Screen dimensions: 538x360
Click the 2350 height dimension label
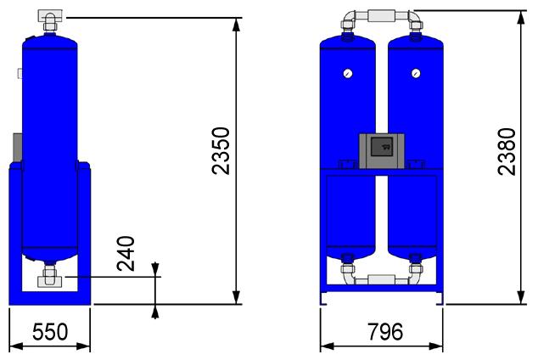221,151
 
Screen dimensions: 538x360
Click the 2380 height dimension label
507,152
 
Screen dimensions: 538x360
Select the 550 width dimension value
50,332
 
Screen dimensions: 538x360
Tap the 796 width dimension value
385,332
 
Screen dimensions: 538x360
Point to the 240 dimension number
126,253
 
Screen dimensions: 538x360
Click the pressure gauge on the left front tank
348,73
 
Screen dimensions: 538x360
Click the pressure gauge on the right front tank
416,73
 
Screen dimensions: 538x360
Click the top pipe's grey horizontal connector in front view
381,16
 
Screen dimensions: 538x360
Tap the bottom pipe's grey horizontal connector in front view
381,279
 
